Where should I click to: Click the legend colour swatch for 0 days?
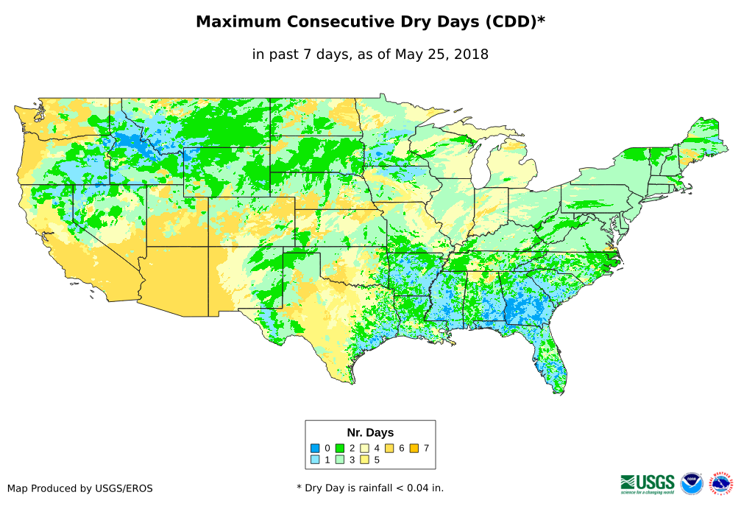click(x=315, y=448)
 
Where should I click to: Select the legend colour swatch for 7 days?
click(x=414, y=448)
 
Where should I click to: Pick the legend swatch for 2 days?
click(x=341, y=448)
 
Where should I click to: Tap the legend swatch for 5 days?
click(x=365, y=460)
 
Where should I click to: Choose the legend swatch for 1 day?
click(x=315, y=460)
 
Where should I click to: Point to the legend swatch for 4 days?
click(x=365, y=448)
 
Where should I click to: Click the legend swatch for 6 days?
click(x=390, y=448)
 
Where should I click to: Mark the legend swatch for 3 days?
click(x=341, y=460)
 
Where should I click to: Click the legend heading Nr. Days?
click(x=370, y=432)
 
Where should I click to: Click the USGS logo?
click(x=648, y=483)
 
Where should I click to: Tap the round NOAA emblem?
click(x=692, y=483)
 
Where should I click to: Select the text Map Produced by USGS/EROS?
click(x=80, y=488)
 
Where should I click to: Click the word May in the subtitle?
click(x=408, y=54)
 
